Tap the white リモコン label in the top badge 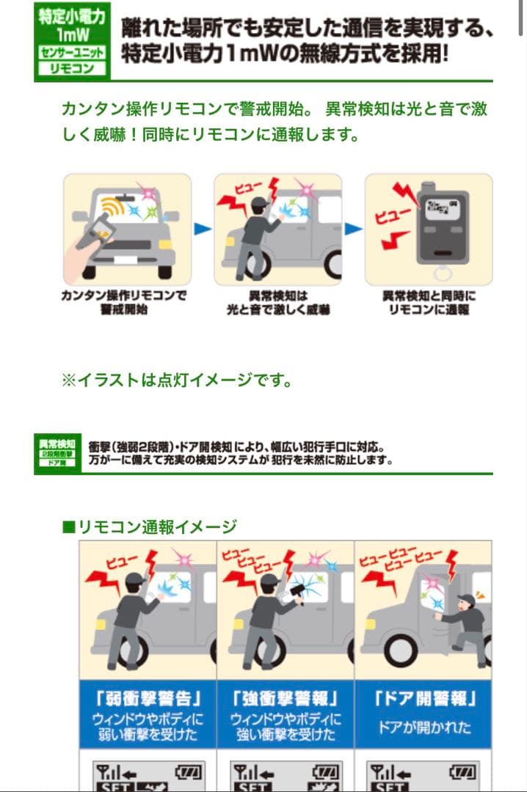click(x=71, y=68)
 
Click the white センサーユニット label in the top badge click(x=71, y=54)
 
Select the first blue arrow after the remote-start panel click(x=202, y=230)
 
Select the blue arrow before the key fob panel click(x=353, y=230)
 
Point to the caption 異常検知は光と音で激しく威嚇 click(x=277, y=303)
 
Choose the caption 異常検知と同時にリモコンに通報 click(x=429, y=303)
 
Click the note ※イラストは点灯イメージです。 click(x=177, y=381)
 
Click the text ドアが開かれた click(x=423, y=727)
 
